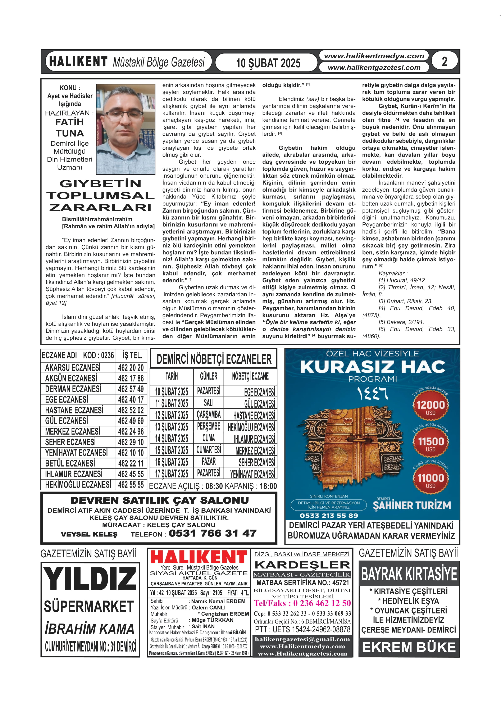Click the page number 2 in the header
[444, 62]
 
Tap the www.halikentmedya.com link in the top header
[374, 56]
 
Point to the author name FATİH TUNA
[69, 127]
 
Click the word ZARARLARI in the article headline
[100, 207]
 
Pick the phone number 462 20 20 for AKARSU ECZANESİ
[131, 368]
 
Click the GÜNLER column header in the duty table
[209, 376]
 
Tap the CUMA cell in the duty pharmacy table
[209, 438]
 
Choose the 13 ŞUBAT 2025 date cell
[172, 427]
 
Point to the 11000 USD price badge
[431, 480]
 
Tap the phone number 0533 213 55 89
[329, 515]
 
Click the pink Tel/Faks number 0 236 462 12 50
[302, 603]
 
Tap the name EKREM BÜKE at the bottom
[409, 647]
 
